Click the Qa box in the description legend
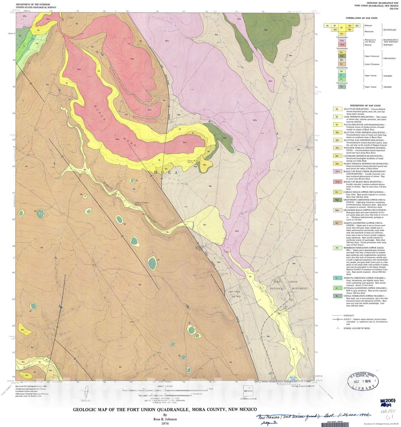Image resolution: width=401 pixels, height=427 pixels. [x=337, y=109]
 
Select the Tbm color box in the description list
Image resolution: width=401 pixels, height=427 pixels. [x=337, y=182]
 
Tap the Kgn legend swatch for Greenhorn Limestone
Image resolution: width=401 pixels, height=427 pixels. [x=337, y=200]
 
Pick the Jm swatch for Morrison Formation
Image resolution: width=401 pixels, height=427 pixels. [x=337, y=248]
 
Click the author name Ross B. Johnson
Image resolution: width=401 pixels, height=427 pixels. [x=165, y=419]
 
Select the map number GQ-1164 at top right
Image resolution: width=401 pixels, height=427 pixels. [x=394, y=9]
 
